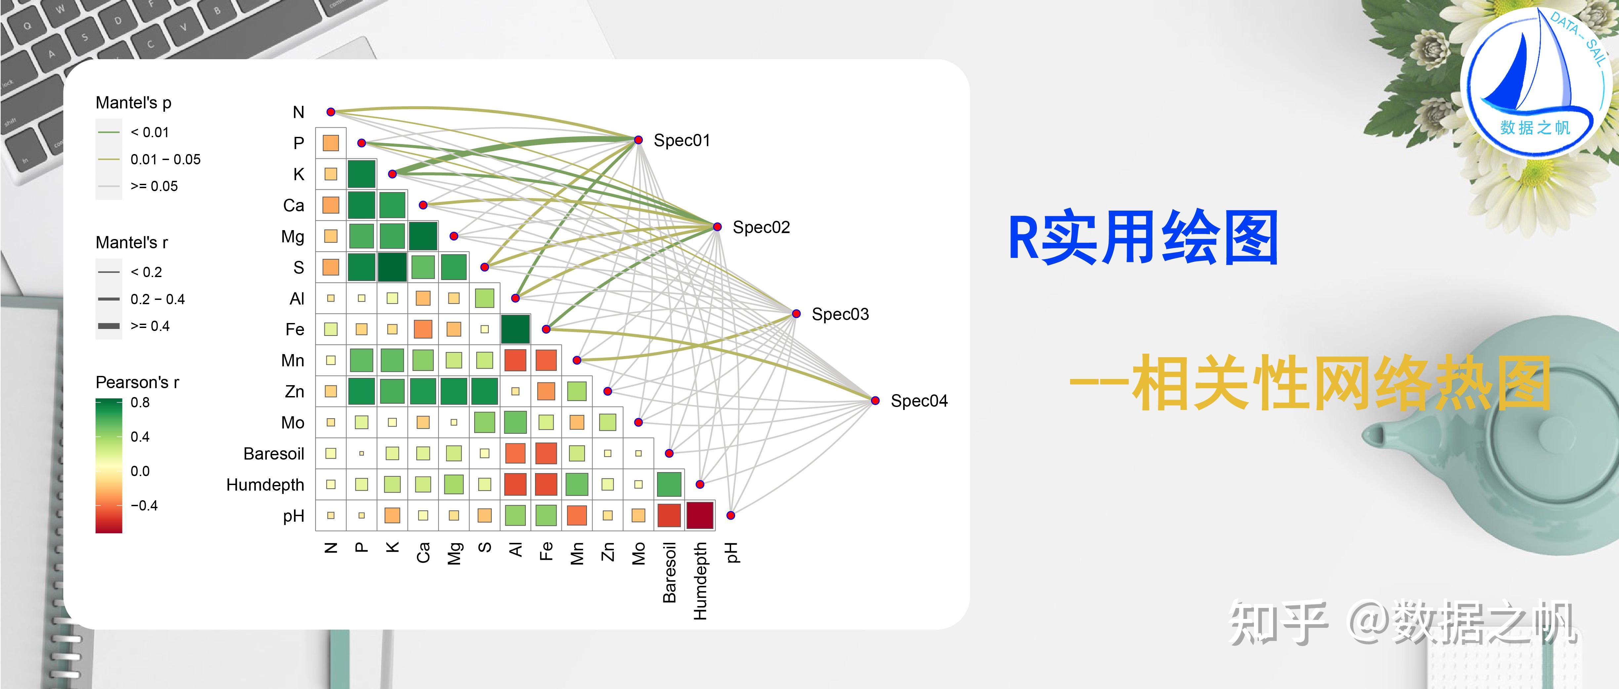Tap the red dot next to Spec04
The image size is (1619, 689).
tap(875, 400)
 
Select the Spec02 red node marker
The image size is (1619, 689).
tap(717, 227)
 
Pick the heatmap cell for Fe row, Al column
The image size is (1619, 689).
tap(516, 329)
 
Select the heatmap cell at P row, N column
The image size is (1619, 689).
tap(331, 143)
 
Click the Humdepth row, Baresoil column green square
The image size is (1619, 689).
tap(669, 484)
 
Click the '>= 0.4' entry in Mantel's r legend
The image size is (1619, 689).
tap(149, 326)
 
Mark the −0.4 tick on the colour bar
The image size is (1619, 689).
tap(144, 506)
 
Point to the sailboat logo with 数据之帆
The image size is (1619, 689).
tap(1534, 82)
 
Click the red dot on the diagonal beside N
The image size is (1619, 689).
tap(331, 112)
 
